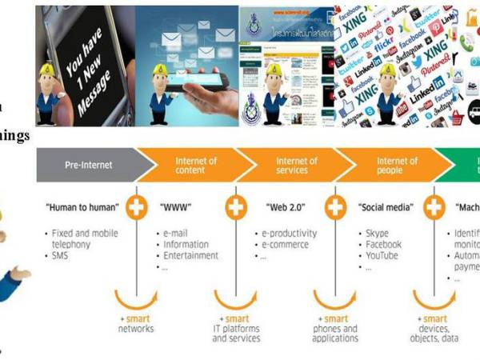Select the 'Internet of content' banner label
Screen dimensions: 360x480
[196, 166]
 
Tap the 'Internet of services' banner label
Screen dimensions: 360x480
[296, 166]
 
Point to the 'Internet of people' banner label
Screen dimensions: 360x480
[397, 166]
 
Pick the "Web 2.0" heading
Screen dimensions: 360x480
[283, 208]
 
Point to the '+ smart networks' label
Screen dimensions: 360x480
[137, 323]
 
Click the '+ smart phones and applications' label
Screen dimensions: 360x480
[335, 328]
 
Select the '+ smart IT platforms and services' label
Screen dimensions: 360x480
[236, 328]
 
